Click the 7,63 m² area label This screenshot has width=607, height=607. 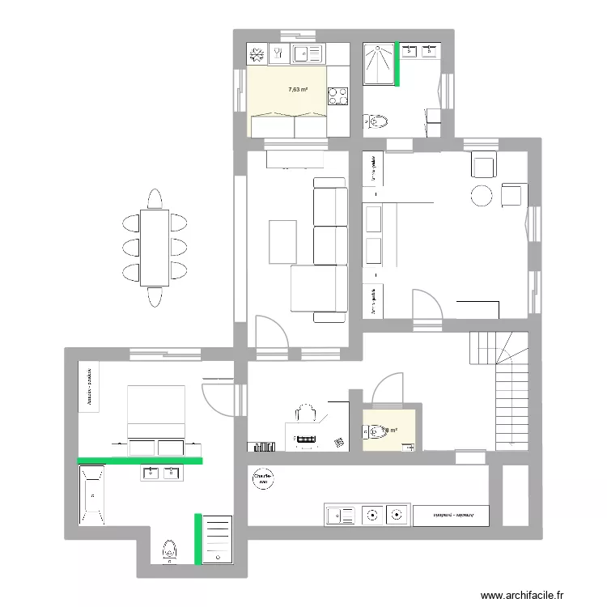click(298, 91)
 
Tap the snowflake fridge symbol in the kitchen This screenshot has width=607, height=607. click(257, 54)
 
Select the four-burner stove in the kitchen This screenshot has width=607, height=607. click(337, 96)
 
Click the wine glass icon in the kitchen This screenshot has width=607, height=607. click(278, 54)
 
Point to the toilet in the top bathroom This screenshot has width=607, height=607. click(378, 122)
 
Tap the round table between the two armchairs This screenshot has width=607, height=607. click(482, 196)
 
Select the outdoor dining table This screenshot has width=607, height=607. click(155, 247)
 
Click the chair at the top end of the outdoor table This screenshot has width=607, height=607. click(155, 199)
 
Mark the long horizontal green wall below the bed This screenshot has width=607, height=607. click(140, 461)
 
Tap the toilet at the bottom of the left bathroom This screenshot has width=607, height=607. click(169, 550)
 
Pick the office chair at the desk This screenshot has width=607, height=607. click(305, 413)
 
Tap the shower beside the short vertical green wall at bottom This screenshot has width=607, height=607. click(217, 538)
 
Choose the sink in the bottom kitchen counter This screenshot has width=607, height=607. click(339, 514)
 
